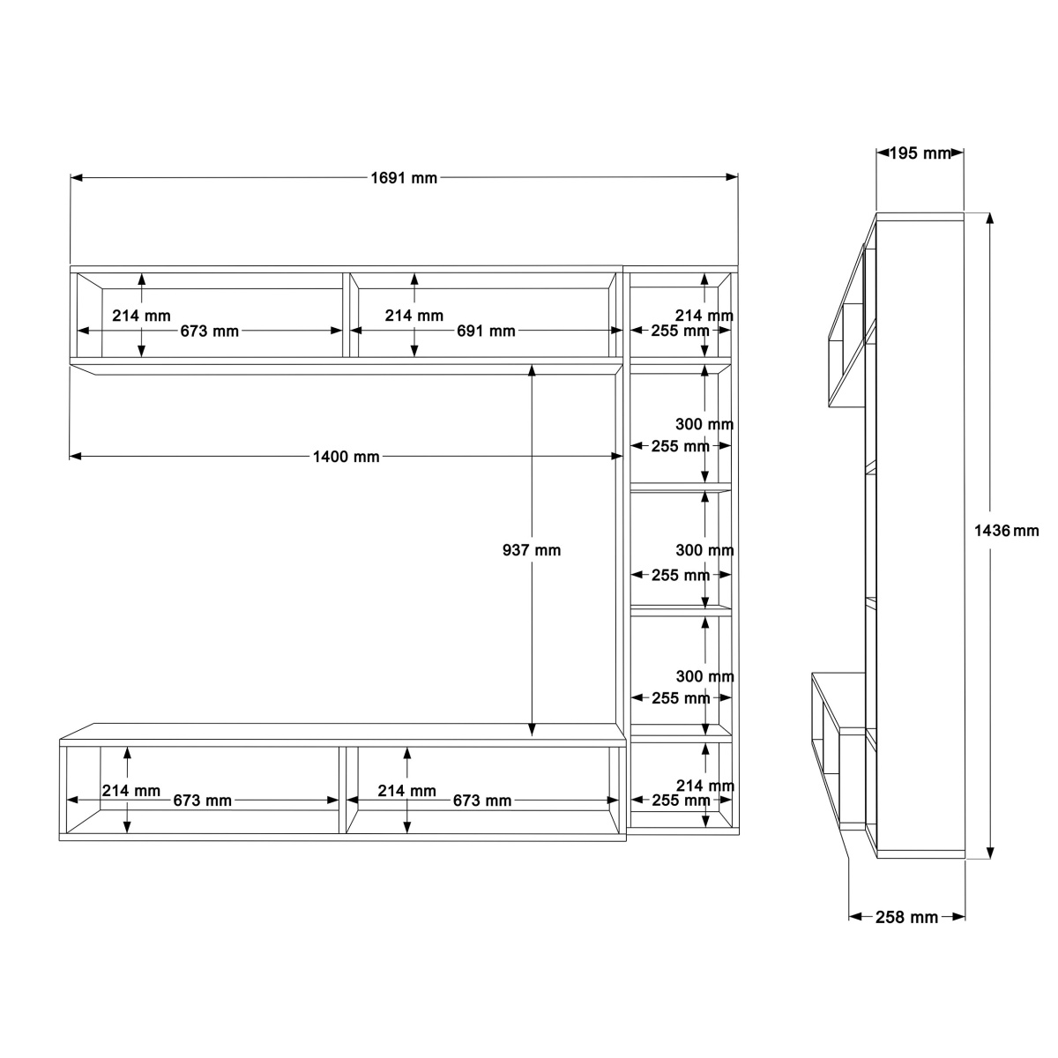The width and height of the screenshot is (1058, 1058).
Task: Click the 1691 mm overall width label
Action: coord(404,178)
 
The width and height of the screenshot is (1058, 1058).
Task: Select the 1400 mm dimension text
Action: coord(346,457)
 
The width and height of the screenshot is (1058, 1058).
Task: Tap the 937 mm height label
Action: coord(532,550)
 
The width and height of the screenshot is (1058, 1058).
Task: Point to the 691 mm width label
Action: coord(486,332)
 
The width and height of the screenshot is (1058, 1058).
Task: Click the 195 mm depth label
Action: coord(920,153)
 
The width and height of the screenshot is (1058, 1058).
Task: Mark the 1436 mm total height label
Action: coord(1006,531)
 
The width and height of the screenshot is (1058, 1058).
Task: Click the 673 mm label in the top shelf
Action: coord(209,332)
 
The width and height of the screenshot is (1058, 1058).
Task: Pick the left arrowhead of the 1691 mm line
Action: coord(77,178)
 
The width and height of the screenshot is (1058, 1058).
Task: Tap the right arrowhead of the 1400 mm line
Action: coord(616,456)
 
